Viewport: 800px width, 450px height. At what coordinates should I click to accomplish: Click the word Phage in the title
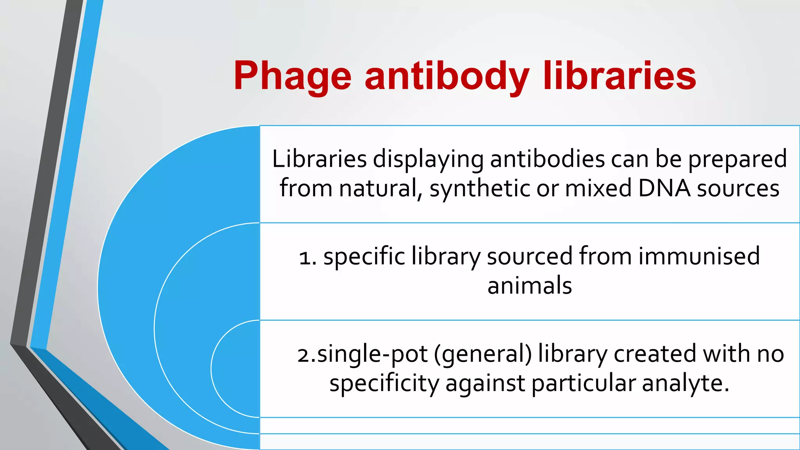pyautogui.click(x=292, y=77)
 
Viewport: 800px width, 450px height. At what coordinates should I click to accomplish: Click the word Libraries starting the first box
pyautogui.click(x=319, y=159)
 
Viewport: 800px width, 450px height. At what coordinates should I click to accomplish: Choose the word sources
pyautogui.click(x=738, y=189)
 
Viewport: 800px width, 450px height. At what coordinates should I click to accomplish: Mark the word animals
pyautogui.click(x=530, y=286)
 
